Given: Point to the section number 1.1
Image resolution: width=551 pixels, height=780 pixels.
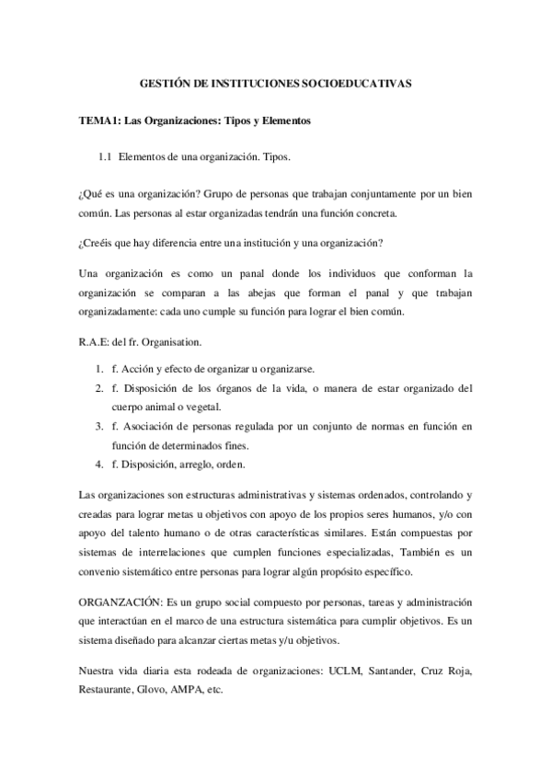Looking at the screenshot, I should (x=105, y=157).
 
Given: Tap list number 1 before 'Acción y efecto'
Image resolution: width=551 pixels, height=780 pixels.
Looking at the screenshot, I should (x=98, y=367).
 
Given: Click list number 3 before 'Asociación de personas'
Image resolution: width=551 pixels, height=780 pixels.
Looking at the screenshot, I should (x=98, y=426).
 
